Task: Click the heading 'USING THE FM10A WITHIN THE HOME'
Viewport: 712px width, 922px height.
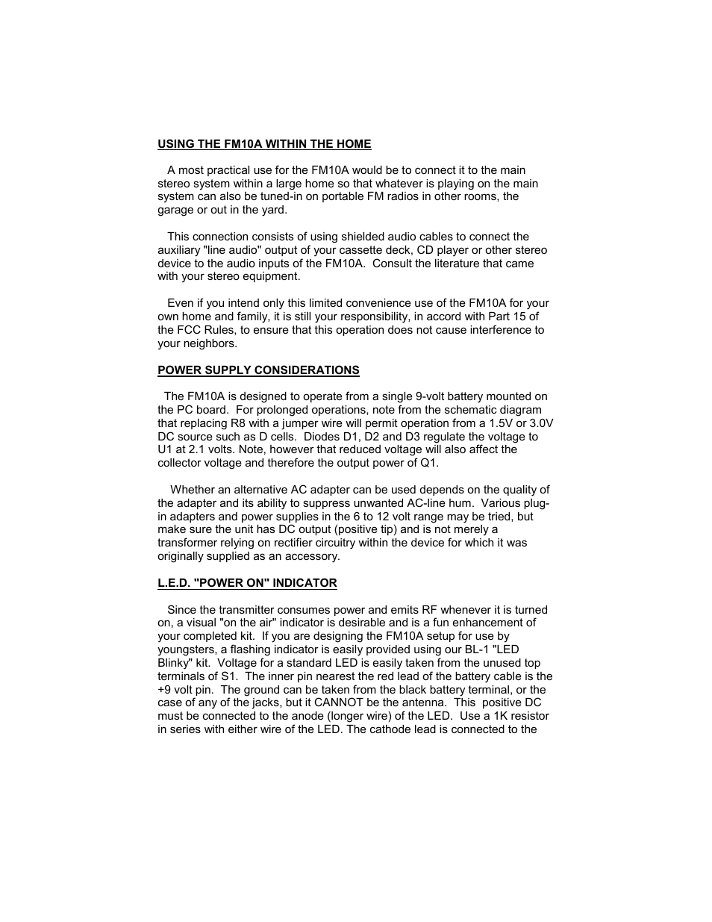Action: pyautogui.click(x=263, y=144)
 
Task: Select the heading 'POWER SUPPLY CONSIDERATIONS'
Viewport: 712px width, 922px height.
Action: pyautogui.click(x=258, y=370)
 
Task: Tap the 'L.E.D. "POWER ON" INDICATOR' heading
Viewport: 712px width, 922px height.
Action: pyautogui.click(x=247, y=583)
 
